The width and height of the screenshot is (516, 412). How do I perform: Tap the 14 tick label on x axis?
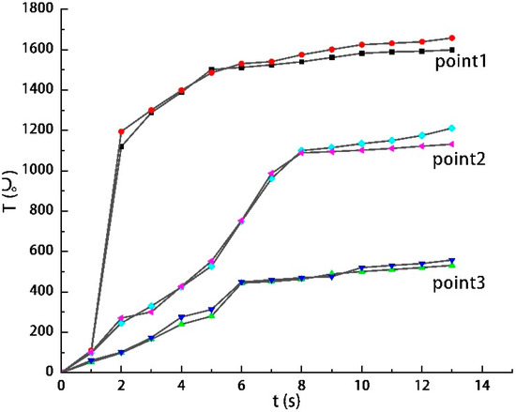point(482,385)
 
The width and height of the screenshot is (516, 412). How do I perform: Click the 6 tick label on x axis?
point(241,385)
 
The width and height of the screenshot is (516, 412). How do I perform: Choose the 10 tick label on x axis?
point(361,385)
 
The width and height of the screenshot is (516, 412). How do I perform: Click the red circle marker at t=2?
point(121,131)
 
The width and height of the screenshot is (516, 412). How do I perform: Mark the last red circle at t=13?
point(452,38)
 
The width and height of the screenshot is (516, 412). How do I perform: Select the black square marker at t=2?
point(121,146)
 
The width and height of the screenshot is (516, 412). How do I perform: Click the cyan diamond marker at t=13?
point(452,128)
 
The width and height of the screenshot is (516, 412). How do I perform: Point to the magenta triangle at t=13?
point(452,144)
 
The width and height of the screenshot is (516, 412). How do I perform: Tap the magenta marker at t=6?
point(241,221)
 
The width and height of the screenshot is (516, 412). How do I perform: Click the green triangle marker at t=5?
point(211,315)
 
